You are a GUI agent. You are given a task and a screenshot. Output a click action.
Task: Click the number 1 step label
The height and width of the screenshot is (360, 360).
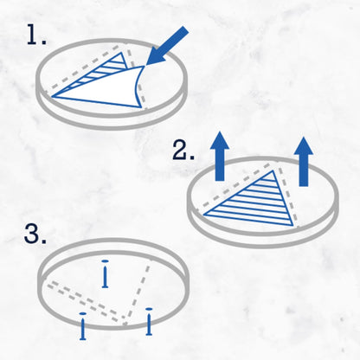36,35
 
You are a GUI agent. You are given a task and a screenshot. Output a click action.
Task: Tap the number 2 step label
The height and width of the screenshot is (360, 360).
183,151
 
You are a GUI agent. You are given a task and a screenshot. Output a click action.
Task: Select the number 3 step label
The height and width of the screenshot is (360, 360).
35,234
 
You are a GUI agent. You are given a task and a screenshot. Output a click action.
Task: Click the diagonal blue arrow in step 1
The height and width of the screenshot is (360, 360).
167,46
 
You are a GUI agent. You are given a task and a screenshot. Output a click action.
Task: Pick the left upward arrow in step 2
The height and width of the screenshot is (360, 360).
220,157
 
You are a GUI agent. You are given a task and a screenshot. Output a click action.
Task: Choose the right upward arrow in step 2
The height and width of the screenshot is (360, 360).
304,162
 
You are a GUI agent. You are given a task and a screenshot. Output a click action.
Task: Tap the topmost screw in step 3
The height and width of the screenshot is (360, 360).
105,273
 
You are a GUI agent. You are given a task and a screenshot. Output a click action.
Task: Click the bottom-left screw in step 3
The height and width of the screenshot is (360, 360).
83,326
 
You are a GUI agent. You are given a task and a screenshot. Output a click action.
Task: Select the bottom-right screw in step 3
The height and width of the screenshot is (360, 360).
149,322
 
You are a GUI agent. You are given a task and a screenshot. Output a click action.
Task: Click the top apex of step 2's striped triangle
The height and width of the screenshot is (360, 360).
273,170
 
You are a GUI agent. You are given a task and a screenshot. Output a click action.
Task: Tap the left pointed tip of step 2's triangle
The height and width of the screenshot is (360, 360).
203,215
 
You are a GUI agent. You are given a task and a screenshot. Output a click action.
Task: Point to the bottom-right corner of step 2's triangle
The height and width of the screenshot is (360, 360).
293,225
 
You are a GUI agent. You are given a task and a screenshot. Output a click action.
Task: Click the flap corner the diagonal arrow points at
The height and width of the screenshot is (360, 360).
144,67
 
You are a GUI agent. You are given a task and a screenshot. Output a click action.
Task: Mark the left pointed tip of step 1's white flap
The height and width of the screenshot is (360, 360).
52,97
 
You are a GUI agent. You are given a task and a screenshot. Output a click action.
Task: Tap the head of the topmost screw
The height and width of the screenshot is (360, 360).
105,261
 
